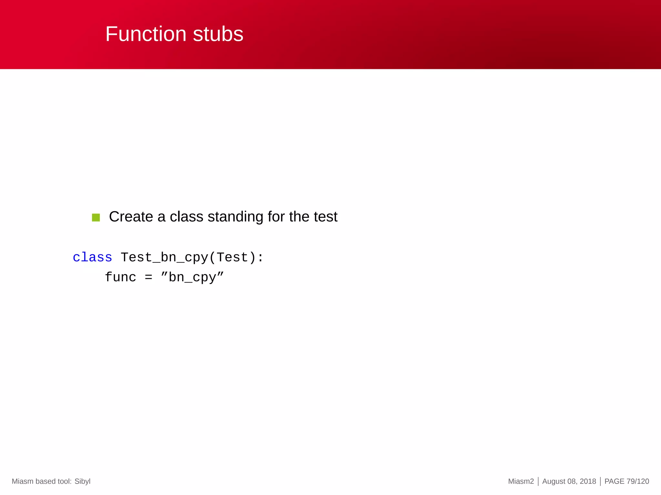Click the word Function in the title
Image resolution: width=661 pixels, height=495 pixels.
[146, 34]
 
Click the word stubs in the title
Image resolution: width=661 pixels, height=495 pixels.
[218, 34]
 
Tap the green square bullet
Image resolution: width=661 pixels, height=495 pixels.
[96, 218]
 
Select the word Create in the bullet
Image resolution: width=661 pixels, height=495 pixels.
[131, 217]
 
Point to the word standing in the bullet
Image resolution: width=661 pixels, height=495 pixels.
[235, 217]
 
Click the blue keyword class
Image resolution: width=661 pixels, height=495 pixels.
[92, 257]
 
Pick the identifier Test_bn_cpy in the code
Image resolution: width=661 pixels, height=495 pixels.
[164, 257]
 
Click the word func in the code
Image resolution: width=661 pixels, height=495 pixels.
[120, 277]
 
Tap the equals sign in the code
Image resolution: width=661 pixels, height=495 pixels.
[148, 277]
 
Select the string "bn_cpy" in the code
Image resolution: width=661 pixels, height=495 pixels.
[192, 277]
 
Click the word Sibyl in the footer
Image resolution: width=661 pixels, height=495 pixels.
[82, 481]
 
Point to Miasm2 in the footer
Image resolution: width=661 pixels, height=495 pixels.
[521, 481]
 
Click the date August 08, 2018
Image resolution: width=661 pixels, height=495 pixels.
[569, 481]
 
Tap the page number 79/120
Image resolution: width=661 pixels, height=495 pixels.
[638, 481]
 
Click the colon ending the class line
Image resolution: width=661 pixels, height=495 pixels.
[260, 257]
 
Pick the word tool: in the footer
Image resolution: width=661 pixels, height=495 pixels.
[64, 481]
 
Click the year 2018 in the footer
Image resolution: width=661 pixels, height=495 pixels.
[588, 481]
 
